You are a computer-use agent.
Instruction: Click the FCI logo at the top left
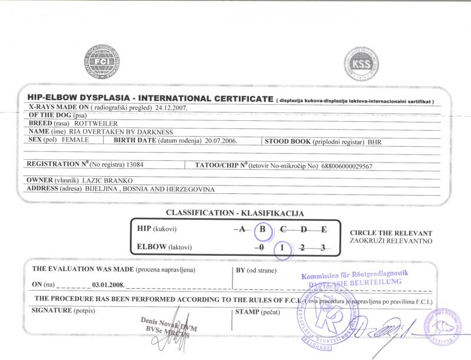(x=101, y=62)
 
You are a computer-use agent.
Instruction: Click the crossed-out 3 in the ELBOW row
(x=322, y=247)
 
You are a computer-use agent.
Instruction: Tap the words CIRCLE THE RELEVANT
(x=391, y=233)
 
